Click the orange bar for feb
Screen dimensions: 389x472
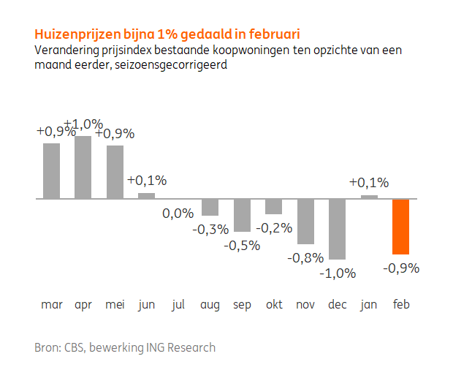tap(400, 226)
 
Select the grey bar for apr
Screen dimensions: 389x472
tap(83, 167)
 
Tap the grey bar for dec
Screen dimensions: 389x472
tap(337, 229)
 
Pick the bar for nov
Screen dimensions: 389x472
tap(305, 221)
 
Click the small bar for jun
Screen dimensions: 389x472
tap(146, 195)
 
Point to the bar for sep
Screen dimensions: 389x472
tap(242, 215)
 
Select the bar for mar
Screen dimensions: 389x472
tap(51, 170)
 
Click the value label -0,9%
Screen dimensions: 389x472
tap(400, 268)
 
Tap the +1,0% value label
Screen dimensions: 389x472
tap(83, 124)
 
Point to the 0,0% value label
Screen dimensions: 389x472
tap(178, 213)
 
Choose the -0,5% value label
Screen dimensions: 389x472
tap(242, 245)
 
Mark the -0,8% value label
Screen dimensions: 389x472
tap(305, 258)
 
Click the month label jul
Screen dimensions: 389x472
tap(178, 305)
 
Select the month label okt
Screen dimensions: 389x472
tap(273, 305)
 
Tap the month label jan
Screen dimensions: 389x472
tap(368, 305)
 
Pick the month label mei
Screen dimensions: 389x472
tap(115, 305)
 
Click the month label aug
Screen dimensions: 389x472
tap(210, 305)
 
